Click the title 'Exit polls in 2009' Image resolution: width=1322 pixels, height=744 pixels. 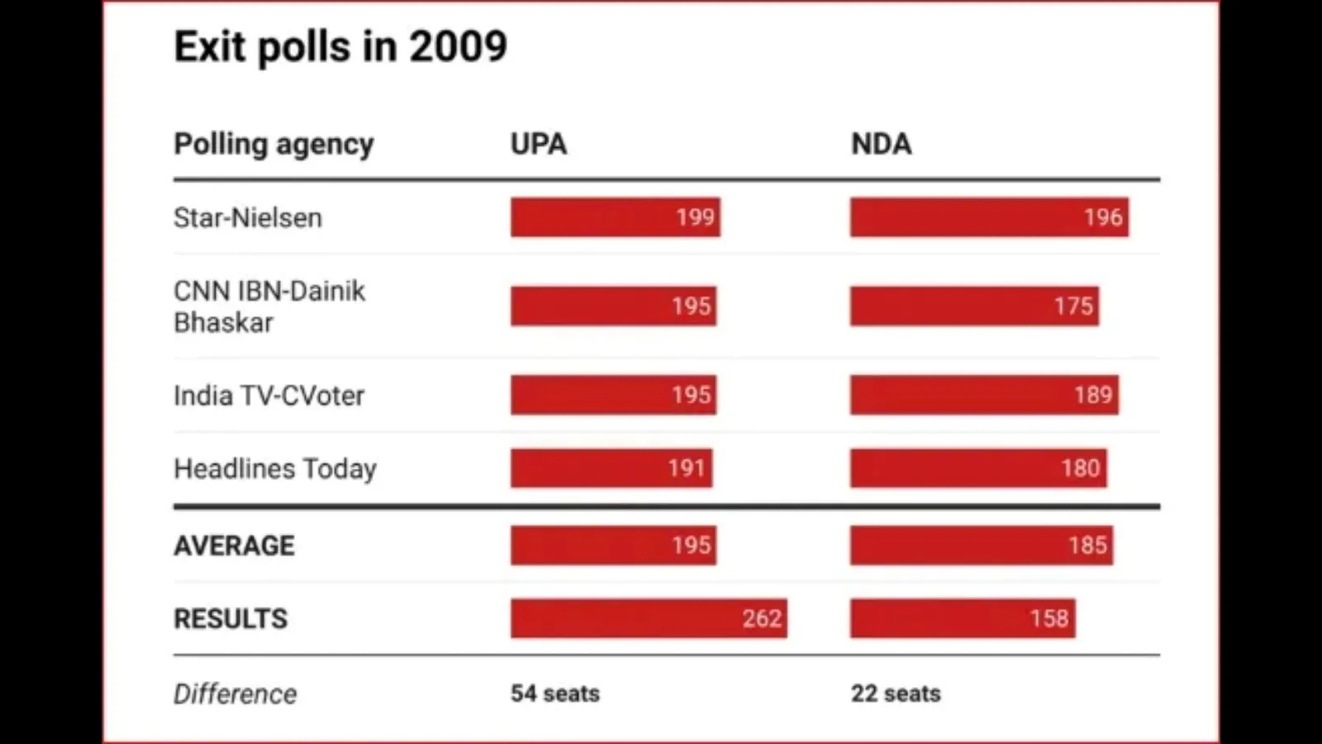(340, 46)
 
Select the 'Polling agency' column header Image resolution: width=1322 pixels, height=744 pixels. (273, 144)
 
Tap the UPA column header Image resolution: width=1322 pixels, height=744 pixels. (538, 144)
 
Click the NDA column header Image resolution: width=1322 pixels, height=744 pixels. (881, 144)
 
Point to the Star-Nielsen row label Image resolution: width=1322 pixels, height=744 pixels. (247, 217)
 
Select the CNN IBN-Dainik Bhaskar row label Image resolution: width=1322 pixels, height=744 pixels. (269, 306)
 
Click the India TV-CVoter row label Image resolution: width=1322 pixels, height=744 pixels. (269, 395)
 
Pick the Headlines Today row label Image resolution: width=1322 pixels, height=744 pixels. (274, 469)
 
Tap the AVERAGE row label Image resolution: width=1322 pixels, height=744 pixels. (234, 546)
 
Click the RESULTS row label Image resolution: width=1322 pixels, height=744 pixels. (231, 618)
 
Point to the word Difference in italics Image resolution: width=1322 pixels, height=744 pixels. (235, 694)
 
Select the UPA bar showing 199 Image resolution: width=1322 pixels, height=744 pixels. (615, 217)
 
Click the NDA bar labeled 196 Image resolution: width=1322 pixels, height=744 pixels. (988, 217)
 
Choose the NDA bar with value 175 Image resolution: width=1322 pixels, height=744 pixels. (973, 306)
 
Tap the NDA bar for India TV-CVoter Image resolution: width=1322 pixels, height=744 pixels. (983, 395)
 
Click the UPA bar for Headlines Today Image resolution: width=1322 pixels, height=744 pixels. (611, 469)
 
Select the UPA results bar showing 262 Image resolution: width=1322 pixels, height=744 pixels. (648, 618)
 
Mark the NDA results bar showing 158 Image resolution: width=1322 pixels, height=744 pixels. (962, 618)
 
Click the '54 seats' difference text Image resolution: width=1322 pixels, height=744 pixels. (554, 694)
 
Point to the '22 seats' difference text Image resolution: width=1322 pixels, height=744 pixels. (896, 694)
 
